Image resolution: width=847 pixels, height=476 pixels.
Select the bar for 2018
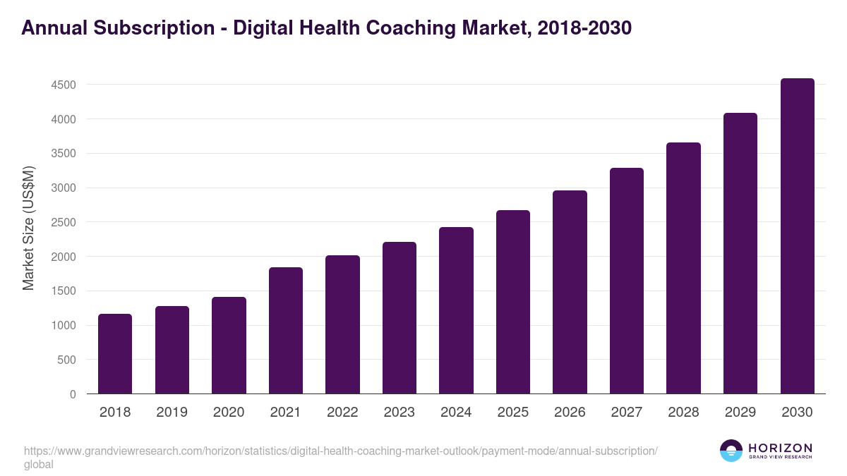point(115,354)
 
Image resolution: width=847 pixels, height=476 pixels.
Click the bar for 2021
point(286,331)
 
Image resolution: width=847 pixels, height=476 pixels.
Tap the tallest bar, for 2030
point(797,236)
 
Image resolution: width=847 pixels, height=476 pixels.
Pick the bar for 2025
point(513,302)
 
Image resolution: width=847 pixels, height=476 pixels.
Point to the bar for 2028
point(683,268)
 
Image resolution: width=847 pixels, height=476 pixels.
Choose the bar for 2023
point(400,318)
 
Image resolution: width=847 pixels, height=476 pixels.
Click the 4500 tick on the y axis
point(64,85)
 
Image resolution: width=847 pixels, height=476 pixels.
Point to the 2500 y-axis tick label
point(64,223)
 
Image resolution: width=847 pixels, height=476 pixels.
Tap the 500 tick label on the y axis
point(67,360)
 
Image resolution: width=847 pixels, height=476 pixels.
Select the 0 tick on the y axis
point(73,394)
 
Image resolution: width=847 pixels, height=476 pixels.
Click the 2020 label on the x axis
point(229,413)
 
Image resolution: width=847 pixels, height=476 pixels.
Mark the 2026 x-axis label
point(570,413)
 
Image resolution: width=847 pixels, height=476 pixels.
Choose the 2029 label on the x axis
point(740,413)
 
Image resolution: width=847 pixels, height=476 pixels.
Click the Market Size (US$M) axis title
point(28,228)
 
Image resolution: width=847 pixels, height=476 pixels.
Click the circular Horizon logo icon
point(731,451)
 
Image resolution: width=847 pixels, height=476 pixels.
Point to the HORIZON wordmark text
point(780,448)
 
